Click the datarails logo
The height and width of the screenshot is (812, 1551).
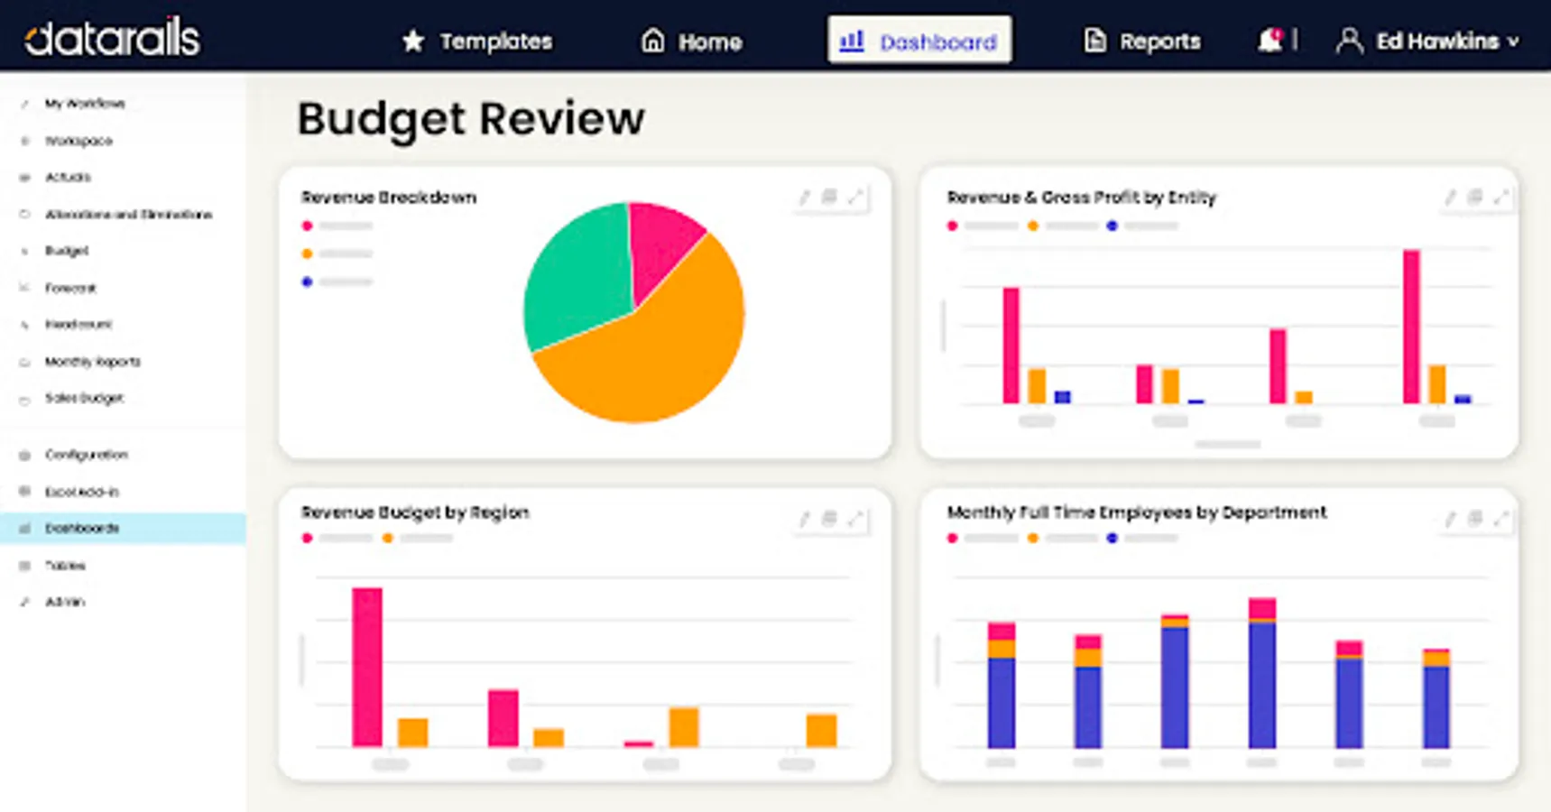click(112, 38)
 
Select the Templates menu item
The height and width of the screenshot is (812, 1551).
click(477, 42)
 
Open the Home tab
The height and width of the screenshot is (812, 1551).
click(691, 42)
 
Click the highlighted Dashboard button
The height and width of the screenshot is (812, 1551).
click(919, 41)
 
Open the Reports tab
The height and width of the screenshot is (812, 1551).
click(1142, 42)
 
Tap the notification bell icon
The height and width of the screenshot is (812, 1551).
click(1269, 41)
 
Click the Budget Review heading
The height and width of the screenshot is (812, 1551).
click(471, 119)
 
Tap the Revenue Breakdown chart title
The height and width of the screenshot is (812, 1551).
click(389, 198)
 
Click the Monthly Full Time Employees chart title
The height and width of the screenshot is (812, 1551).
click(1136, 512)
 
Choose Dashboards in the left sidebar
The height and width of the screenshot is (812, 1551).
click(82, 529)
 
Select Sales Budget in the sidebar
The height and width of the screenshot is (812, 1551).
click(84, 398)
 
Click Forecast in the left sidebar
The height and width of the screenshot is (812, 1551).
click(70, 289)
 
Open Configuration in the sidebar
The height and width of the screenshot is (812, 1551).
click(87, 455)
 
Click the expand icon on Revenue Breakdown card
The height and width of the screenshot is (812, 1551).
click(855, 197)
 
